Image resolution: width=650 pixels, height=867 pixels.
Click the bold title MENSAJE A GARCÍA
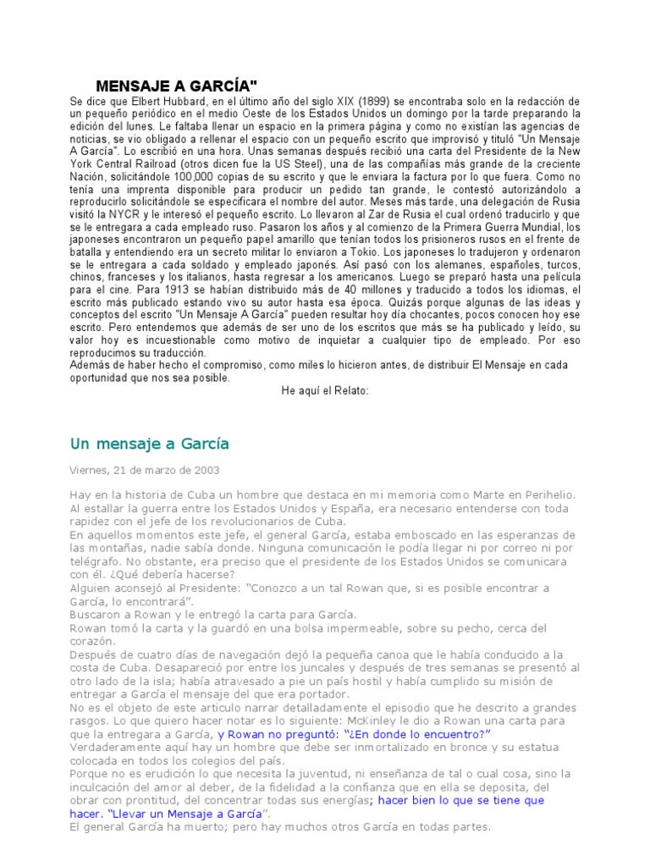pos(176,86)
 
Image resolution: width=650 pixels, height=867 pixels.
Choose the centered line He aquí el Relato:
pos(325,391)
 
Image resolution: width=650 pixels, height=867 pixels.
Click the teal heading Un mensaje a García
pos(148,444)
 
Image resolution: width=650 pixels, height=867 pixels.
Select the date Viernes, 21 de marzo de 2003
pos(143,470)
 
